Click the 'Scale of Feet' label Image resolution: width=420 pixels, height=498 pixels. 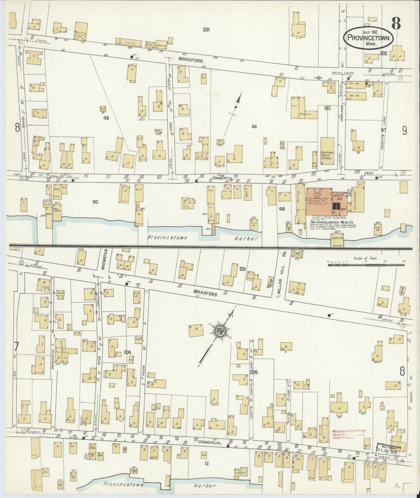(364, 258)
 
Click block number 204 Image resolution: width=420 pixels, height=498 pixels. (127, 352)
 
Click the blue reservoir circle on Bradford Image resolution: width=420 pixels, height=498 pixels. (319, 78)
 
